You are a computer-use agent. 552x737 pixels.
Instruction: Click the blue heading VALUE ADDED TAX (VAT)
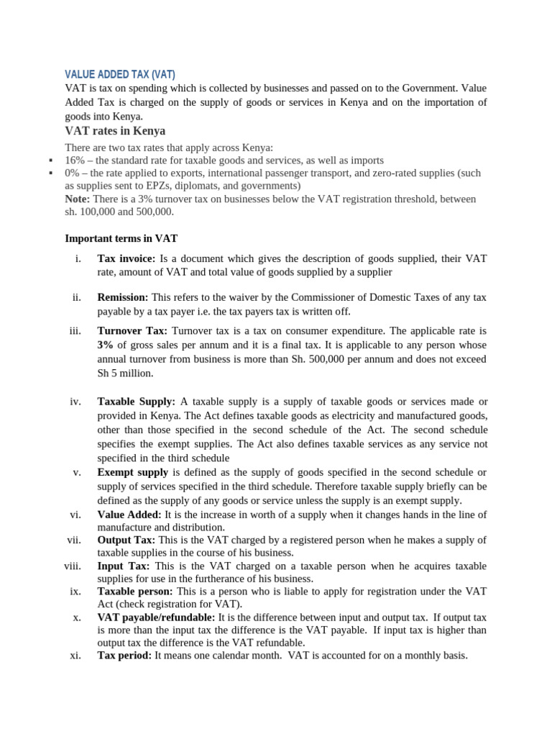[120, 74]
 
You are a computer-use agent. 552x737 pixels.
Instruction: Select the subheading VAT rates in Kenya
[115, 131]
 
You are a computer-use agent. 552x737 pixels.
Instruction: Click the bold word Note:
[77, 199]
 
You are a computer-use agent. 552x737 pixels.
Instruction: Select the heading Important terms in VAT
[121, 238]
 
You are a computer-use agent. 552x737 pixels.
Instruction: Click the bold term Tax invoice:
[126, 258]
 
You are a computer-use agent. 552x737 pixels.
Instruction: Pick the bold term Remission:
[123, 297]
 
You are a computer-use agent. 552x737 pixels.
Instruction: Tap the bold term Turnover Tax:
[132, 330]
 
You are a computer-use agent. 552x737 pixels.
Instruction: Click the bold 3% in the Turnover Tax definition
[106, 345]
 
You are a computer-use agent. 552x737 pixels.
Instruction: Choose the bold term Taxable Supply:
[136, 401]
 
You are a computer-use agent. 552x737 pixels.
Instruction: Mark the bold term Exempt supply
[133, 472]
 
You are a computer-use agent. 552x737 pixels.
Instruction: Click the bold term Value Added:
[130, 515]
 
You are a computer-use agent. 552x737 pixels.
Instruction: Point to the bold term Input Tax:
[124, 566]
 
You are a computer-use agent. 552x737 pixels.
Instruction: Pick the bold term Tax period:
[124, 656]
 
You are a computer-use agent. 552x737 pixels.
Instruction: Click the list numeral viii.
[72, 566]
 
